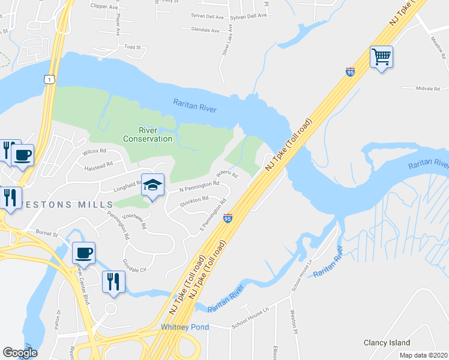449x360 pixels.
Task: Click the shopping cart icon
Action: point(381,58)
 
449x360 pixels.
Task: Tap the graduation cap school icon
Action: point(153,185)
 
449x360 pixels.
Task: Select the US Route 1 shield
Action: point(47,79)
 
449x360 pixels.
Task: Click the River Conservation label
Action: point(148,134)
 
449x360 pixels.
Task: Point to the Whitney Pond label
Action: point(185,327)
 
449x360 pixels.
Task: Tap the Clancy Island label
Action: point(386,343)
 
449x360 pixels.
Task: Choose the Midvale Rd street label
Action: point(428,88)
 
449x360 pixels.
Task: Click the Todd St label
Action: point(132,46)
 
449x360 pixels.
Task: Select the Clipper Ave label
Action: point(104,7)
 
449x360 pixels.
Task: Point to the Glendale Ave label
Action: point(205,29)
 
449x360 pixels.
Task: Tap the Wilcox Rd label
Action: point(94,151)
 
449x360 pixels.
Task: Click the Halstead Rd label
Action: point(98,169)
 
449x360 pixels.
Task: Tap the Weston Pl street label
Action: point(294,322)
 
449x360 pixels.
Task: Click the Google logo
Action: point(20,353)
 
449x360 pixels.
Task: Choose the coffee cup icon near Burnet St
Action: point(84,253)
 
